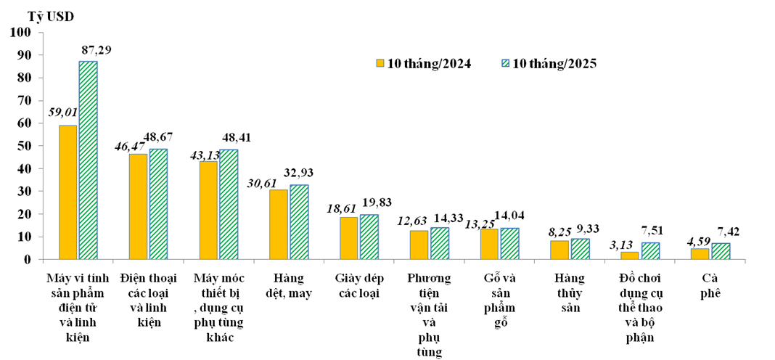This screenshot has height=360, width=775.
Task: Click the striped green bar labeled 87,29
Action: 88,160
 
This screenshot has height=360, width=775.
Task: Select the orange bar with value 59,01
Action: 67,192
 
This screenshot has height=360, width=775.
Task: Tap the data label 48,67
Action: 158,136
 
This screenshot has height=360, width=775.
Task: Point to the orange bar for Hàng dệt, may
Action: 278,224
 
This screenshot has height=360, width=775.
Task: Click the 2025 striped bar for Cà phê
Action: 721,251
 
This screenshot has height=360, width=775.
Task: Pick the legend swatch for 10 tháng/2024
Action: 380,63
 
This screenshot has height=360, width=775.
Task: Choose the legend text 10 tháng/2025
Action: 554,63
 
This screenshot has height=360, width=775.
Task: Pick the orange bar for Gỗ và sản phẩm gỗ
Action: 489,245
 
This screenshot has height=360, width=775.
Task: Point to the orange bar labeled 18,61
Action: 348,238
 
